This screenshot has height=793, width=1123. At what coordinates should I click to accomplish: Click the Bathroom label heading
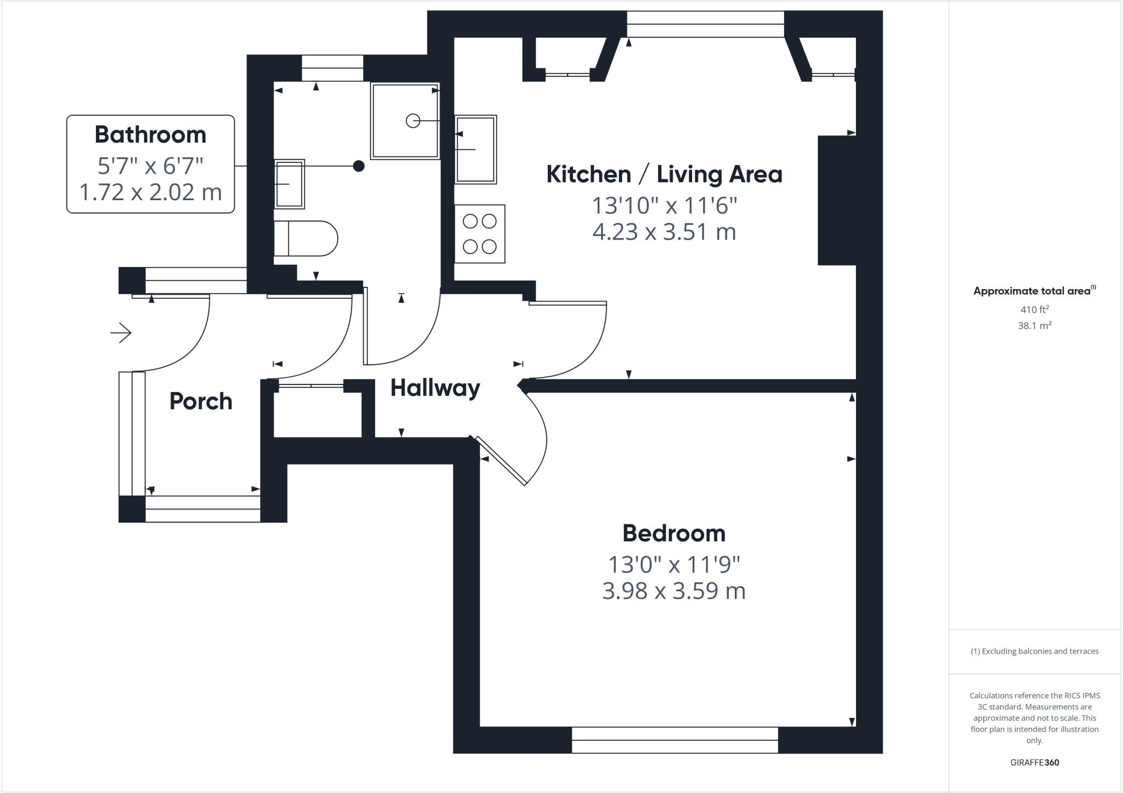(150, 135)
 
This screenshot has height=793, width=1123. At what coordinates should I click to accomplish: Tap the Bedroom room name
(673, 533)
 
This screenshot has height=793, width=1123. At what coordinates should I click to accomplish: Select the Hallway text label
(435, 388)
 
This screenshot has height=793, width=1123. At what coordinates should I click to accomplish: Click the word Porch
(201, 401)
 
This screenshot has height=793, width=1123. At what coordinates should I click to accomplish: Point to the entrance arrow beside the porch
(121, 332)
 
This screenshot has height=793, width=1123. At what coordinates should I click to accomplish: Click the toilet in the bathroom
(305, 239)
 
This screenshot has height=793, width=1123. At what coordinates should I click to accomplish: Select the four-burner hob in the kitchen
(479, 234)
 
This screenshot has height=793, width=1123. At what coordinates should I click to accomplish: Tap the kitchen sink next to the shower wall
(475, 149)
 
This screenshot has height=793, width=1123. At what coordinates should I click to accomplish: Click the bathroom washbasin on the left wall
(289, 184)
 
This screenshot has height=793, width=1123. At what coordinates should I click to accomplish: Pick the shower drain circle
(412, 121)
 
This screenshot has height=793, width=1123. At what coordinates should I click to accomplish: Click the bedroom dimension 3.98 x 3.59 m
(673, 591)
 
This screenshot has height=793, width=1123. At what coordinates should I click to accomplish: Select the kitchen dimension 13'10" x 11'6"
(664, 206)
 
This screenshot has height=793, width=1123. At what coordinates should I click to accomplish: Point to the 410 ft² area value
(1034, 309)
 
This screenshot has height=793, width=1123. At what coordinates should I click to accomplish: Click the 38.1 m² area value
(1034, 326)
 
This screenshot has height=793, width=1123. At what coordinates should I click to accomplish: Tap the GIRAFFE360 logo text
(1034, 762)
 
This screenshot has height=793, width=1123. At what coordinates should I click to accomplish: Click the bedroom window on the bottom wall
(674, 740)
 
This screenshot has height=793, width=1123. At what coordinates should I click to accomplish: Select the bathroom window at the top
(332, 68)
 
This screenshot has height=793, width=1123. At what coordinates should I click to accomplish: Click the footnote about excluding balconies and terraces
(1034, 652)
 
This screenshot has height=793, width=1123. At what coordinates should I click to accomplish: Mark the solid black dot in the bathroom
(358, 166)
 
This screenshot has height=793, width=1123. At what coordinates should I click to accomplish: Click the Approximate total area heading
(1033, 291)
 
